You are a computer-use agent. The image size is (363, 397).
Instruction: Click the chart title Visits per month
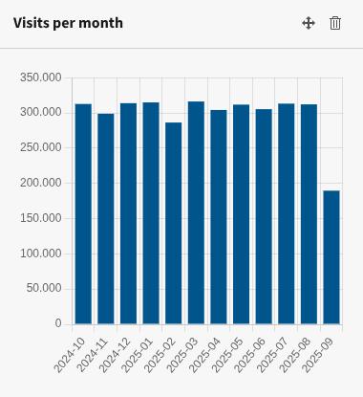click(x=68, y=23)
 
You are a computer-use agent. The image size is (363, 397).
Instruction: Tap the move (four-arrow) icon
click(x=309, y=23)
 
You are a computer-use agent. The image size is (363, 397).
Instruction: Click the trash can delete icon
click(x=335, y=23)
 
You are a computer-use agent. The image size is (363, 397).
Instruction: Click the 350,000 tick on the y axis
click(x=40, y=77)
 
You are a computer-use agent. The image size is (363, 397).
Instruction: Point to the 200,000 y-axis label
click(x=40, y=183)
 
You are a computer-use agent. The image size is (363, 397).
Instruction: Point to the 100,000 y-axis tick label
click(x=40, y=254)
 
